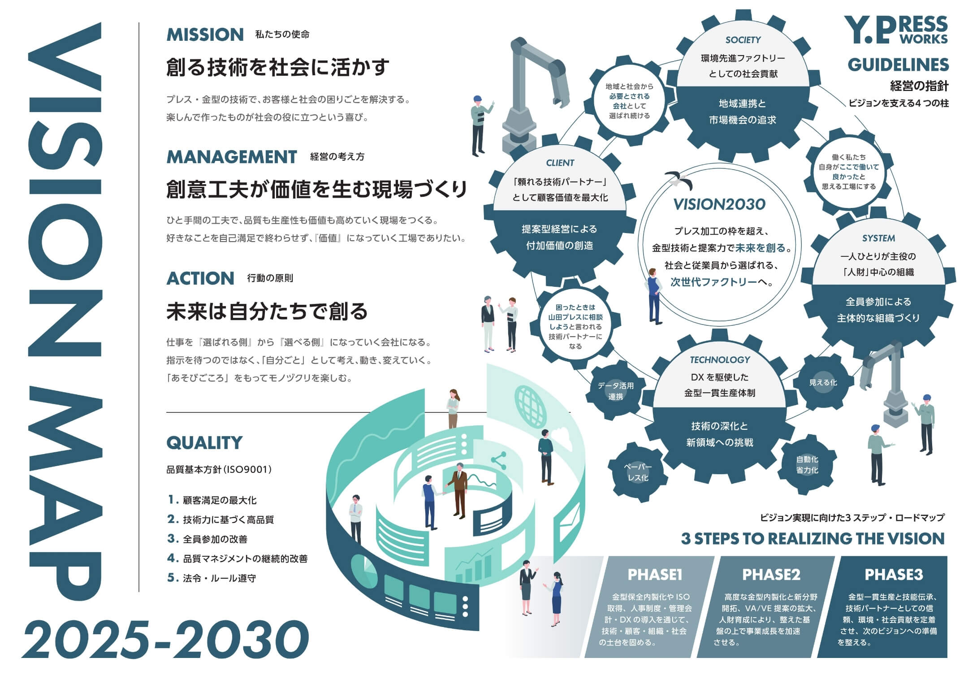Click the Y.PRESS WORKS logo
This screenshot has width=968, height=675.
click(x=896, y=30)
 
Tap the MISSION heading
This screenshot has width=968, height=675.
click(x=205, y=35)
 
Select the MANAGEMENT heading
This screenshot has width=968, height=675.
click(x=231, y=157)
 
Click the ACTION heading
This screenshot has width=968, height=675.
click(x=200, y=278)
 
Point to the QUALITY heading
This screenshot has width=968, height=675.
click(x=204, y=443)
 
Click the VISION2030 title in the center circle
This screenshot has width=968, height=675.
click(x=719, y=204)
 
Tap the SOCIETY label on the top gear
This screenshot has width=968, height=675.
click(x=743, y=40)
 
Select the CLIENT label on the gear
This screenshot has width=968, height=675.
click(x=560, y=163)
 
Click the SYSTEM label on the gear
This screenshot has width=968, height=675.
click(x=878, y=238)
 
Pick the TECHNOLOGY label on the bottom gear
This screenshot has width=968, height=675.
click(x=720, y=360)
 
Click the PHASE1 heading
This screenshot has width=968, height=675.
click(x=655, y=575)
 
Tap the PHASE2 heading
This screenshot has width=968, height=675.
click(x=771, y=575)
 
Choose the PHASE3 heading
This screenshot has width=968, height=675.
click(x=894, y=575)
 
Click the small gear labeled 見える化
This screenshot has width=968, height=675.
click(x=823, y=382)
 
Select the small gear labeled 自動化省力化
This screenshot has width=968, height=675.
click(x=807, y=464)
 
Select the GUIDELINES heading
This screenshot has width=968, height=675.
click(x=898, y=65)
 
